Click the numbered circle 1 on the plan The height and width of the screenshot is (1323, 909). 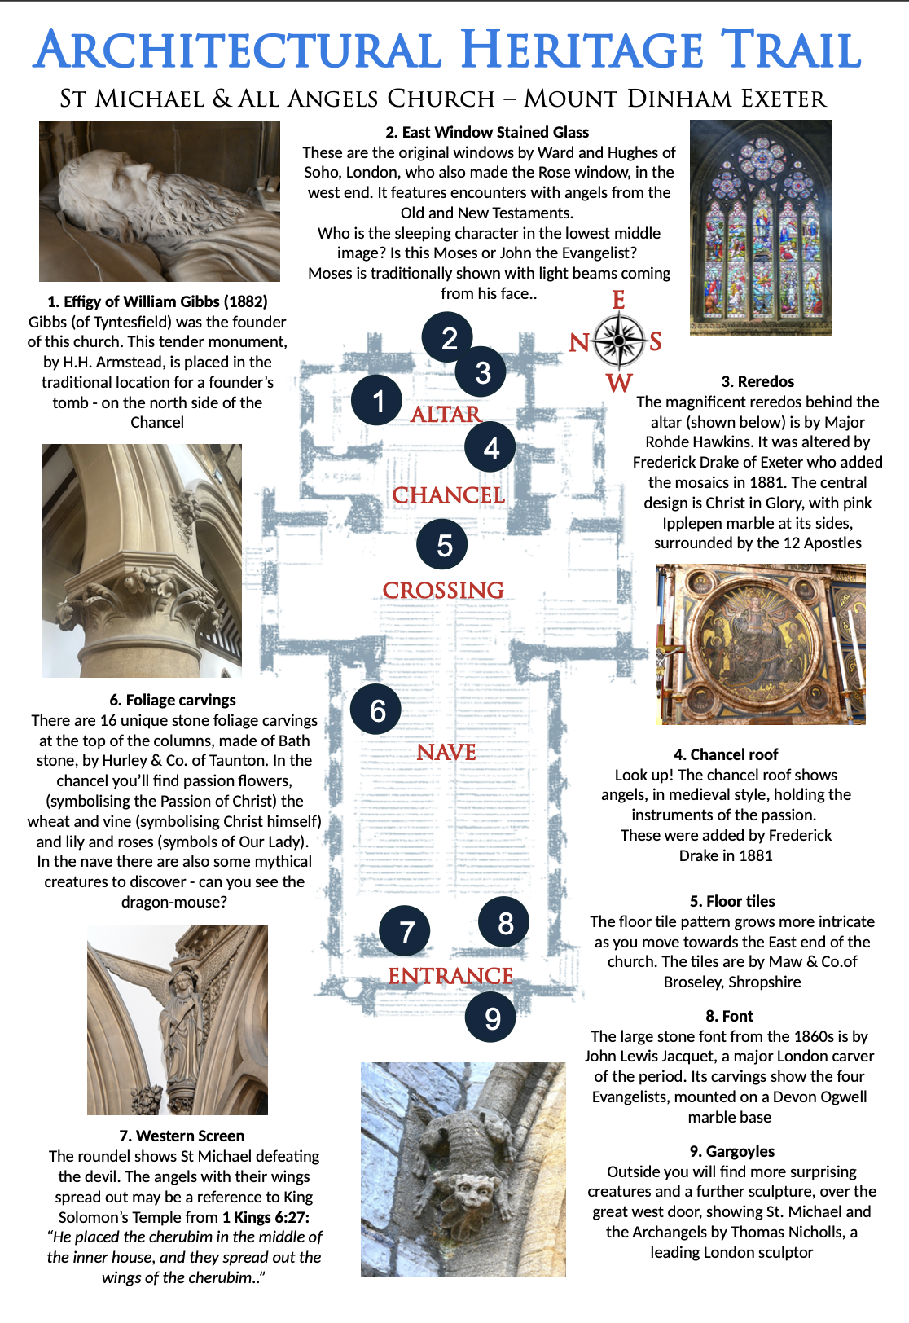[x=376, y=401]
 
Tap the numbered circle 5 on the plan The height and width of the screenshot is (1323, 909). [x=442, y=545]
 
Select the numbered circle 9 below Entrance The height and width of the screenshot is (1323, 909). [x=490, y=1018]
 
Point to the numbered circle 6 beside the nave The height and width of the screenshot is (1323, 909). [x=375, y=710]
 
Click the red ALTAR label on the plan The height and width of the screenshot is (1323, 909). [x=446, y=415]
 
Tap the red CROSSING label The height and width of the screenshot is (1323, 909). [x=443, y=591]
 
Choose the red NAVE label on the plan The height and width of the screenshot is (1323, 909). [x=446, y=753]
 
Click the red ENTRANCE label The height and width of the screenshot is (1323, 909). [x=450, y=976]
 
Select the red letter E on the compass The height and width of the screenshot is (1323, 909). [x=619, y=301]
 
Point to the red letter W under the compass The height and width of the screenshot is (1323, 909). [x=619, y=383]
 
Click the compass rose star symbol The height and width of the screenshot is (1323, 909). [x=619, y=341]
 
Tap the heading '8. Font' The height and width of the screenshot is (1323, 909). [x=729, y=1016]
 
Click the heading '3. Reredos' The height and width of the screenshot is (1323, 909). [x=757, y=381]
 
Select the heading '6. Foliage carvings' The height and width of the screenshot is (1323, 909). [x=173, y=700]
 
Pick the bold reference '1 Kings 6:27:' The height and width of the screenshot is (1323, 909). [x=266, y=1217]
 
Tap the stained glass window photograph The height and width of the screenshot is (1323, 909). [x=761, y=227]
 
